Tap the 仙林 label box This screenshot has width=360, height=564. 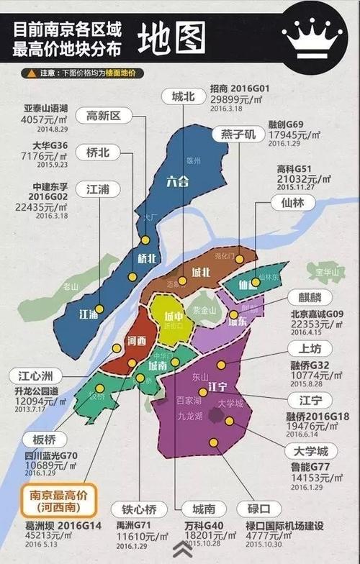(293, 203)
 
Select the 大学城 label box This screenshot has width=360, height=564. (306, 451)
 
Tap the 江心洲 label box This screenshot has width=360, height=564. (35, 375)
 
